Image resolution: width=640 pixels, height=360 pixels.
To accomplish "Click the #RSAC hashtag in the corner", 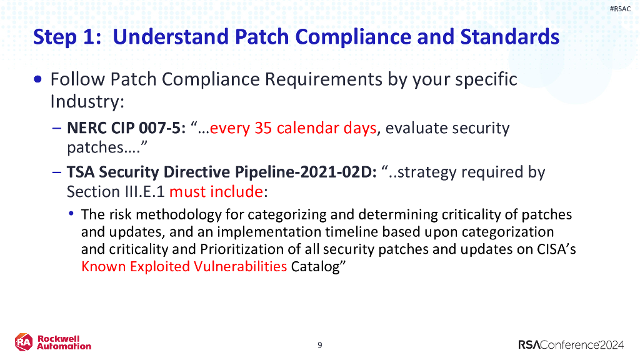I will [620, 8].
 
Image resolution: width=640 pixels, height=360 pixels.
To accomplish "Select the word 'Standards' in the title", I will [509, 36].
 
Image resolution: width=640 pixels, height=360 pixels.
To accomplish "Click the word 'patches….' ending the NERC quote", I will [98, 147].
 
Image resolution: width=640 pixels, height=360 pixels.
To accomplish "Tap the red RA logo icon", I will [24, 342].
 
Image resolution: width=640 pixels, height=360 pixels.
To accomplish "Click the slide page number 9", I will [320, 345].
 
